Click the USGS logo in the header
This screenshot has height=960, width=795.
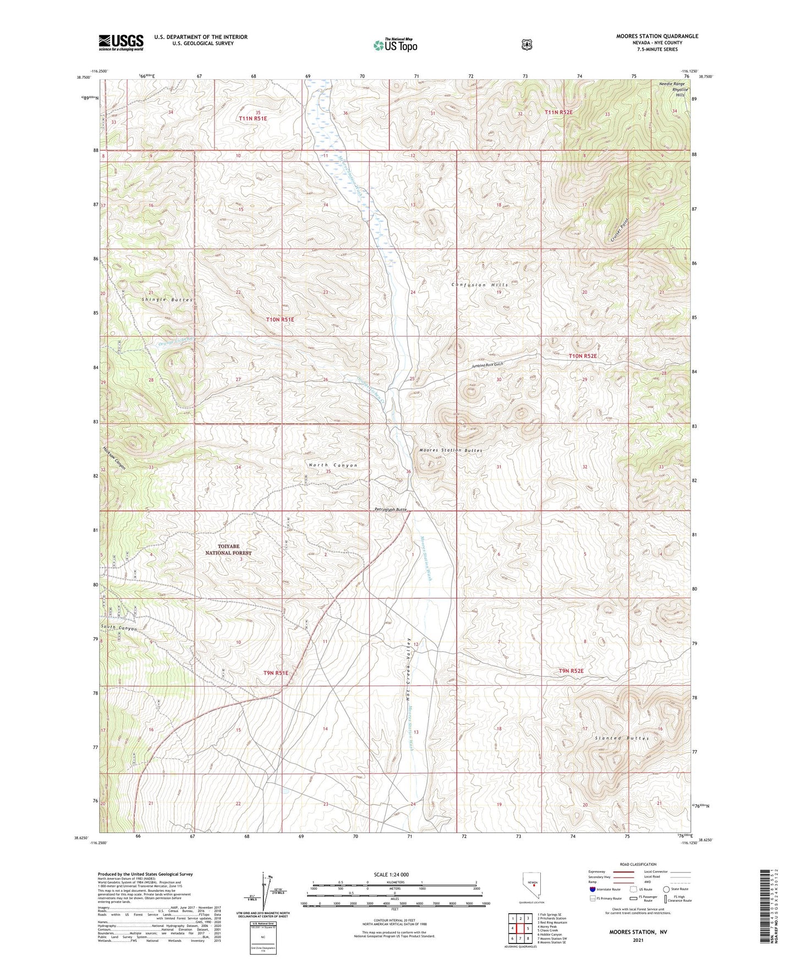[121, 42]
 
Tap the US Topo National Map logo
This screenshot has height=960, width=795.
[394, 45]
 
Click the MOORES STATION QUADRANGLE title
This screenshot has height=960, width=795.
[657, 36]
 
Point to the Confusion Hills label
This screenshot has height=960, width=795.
[480, 285]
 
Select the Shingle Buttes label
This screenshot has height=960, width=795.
[167, 300]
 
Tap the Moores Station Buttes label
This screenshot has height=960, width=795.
[451, 450]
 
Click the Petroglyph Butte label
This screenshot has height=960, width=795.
[387, 510]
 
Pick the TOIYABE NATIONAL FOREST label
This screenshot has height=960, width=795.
[228, 549]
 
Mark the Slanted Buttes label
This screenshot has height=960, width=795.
[622, 738]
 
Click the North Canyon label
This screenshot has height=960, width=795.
[333, 465]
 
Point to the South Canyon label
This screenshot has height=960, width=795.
[119, 628]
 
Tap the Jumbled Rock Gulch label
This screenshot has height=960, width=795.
[487, 365]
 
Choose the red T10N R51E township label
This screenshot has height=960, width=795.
[280, 319]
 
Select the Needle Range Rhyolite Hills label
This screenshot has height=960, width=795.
[673, 89]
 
